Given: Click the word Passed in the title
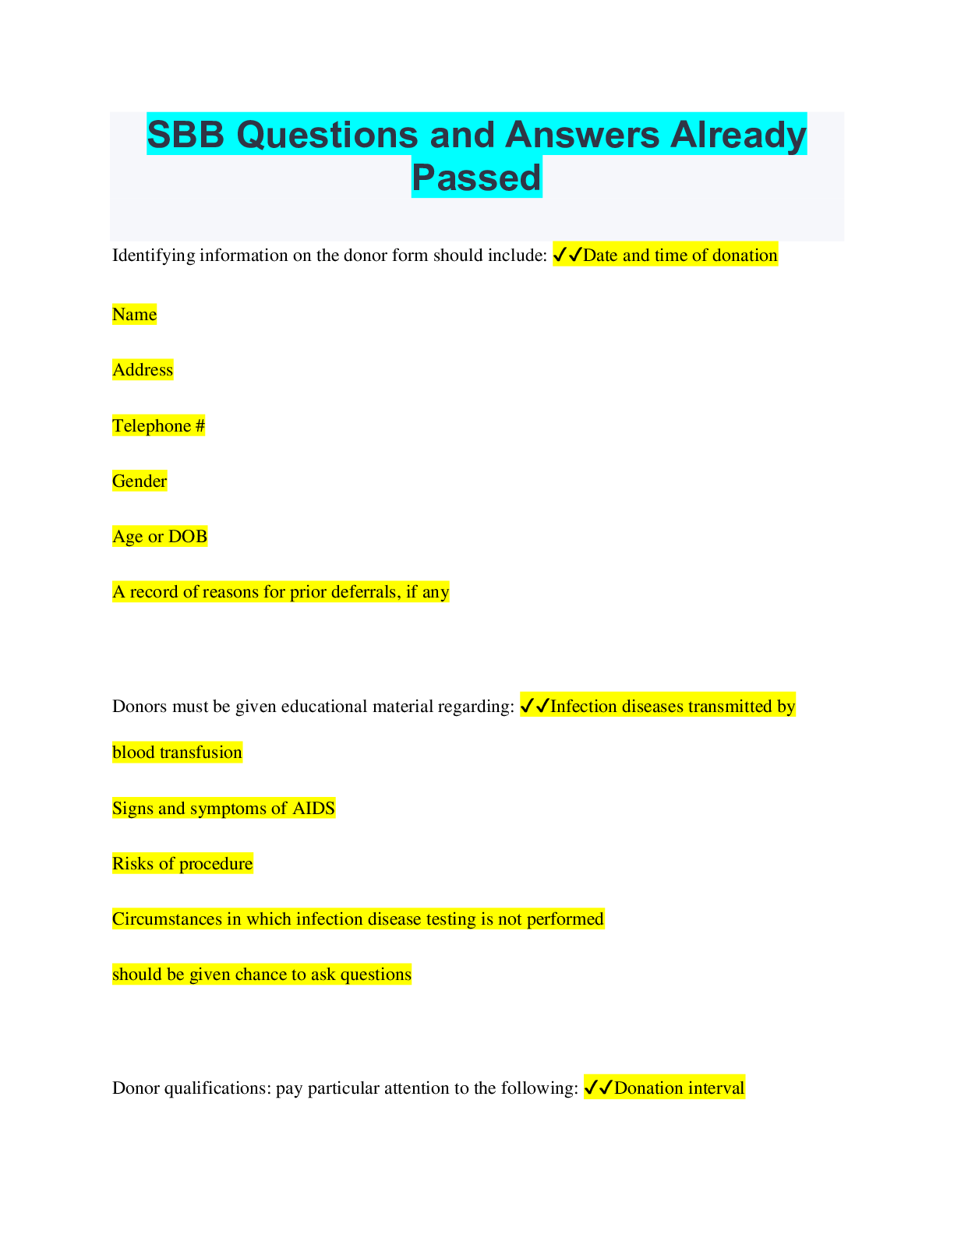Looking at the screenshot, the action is coord(476,177).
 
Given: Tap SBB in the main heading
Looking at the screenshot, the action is coord(185,135).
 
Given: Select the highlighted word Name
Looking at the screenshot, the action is coord(134,314).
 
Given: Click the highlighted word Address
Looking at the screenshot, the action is coord(143,370).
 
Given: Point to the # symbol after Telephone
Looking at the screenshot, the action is coord(200,425).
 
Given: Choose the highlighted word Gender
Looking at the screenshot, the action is coord(140,481).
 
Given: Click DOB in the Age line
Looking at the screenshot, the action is coord(188,536).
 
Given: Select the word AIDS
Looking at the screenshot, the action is coord(313,808).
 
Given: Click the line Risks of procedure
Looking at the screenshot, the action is coord(182,863).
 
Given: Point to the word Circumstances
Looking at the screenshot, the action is coord(167,918).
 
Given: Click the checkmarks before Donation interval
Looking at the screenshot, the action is coord(599,1088).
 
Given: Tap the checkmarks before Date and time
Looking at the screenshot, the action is coord(567,255).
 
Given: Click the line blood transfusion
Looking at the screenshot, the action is coord(177,752).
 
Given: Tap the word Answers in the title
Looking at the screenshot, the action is coord(582,135).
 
